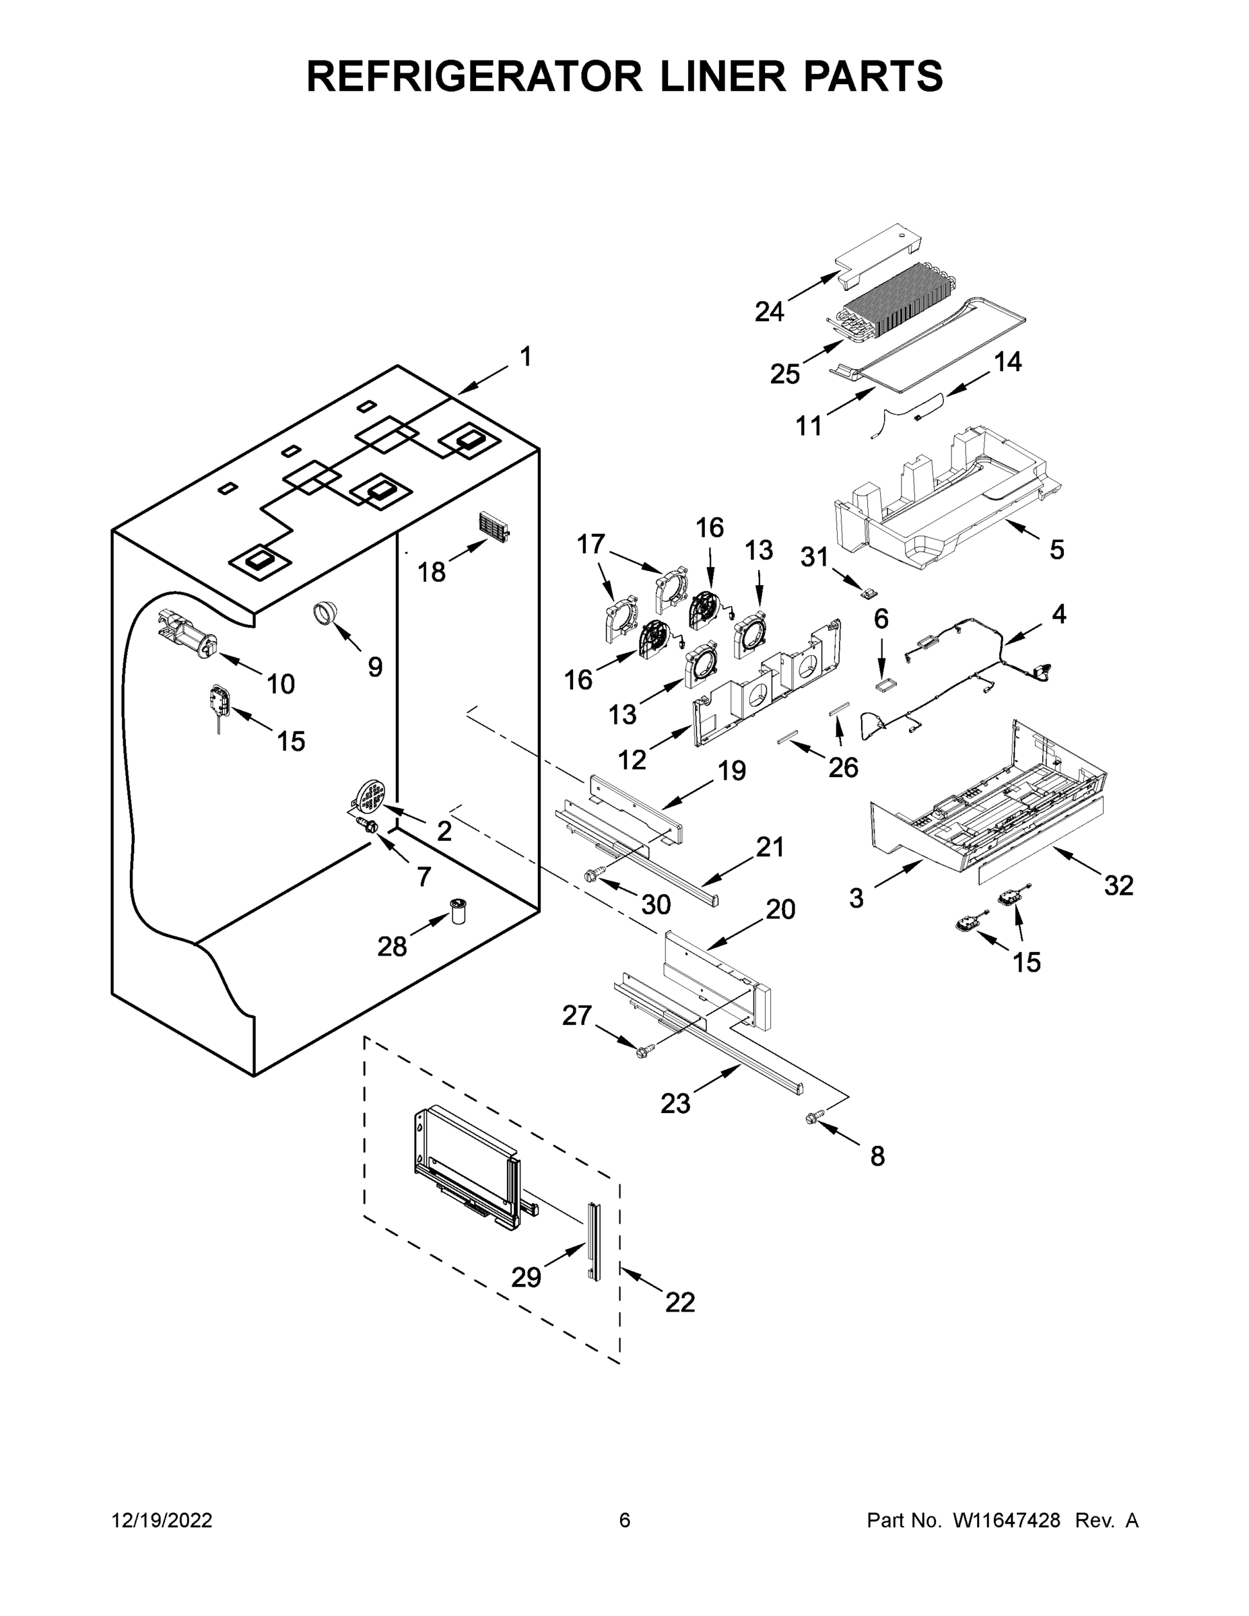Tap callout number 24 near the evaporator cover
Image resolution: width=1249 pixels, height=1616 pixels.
click(x=769, y=312)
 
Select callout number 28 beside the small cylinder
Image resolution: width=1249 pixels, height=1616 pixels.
click(x=391, y=945)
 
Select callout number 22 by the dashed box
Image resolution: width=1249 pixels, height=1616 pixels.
click(x=679, y=1302)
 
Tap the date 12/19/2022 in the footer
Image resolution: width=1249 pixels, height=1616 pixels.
click(x=162, y=1520)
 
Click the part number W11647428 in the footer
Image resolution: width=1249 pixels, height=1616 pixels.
click(x=1007, y=1520)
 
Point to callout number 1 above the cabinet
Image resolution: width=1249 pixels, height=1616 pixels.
click(x=525, y=357)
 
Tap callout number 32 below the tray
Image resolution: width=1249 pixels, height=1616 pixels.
click(x=1118, y=885)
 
